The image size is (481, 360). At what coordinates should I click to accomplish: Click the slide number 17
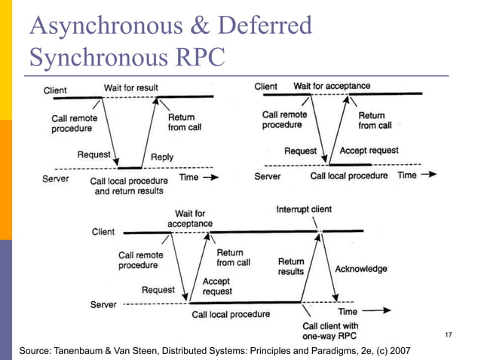449,334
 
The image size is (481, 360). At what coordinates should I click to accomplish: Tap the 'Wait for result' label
131,88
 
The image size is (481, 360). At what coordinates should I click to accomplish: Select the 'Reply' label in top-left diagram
162,157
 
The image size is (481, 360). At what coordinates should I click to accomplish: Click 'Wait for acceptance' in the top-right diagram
332,86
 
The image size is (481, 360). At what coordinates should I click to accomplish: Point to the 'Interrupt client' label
304,209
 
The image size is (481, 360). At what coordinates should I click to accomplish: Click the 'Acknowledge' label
361,269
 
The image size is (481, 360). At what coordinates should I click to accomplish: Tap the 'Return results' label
291,266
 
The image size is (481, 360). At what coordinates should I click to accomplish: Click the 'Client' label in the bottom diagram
103,232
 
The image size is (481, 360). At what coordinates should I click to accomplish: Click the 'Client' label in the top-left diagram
55,90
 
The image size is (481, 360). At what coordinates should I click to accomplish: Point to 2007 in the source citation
400,351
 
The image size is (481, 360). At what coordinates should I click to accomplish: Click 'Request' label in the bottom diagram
158,289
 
